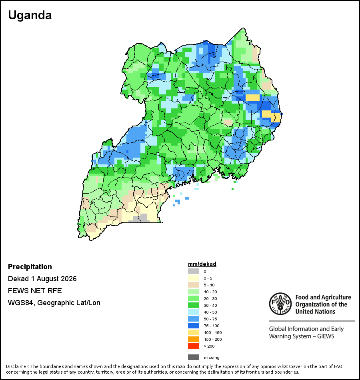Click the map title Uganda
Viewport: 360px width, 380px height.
tap(30, 15)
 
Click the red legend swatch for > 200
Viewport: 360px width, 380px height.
tap(194, 346)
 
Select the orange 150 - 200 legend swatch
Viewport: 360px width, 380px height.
tap(194, 339)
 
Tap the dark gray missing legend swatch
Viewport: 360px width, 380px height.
tap(194, 357)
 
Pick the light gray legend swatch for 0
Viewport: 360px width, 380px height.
tap(194, 271)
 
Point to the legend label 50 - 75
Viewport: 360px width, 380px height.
tap(210, 319)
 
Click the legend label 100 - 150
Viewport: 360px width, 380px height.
tap(213, 332)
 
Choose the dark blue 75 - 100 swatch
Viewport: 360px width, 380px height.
tap(194, 326)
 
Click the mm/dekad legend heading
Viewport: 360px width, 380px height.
tap(202, 264)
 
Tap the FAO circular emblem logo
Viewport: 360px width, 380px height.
tap(280, 304)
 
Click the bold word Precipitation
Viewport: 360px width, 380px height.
tap(30, 267)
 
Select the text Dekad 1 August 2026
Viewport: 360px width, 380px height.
tap(42, 279)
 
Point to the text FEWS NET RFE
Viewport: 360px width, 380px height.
tap(35, 290)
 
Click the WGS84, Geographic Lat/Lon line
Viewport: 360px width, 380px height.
tap(54, 303)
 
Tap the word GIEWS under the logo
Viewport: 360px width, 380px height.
tap(326, 336)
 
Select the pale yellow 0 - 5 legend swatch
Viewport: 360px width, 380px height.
tap(194, 278)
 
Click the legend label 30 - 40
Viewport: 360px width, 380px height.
tap(210, 305)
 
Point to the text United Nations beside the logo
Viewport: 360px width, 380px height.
tap(315, 312)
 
